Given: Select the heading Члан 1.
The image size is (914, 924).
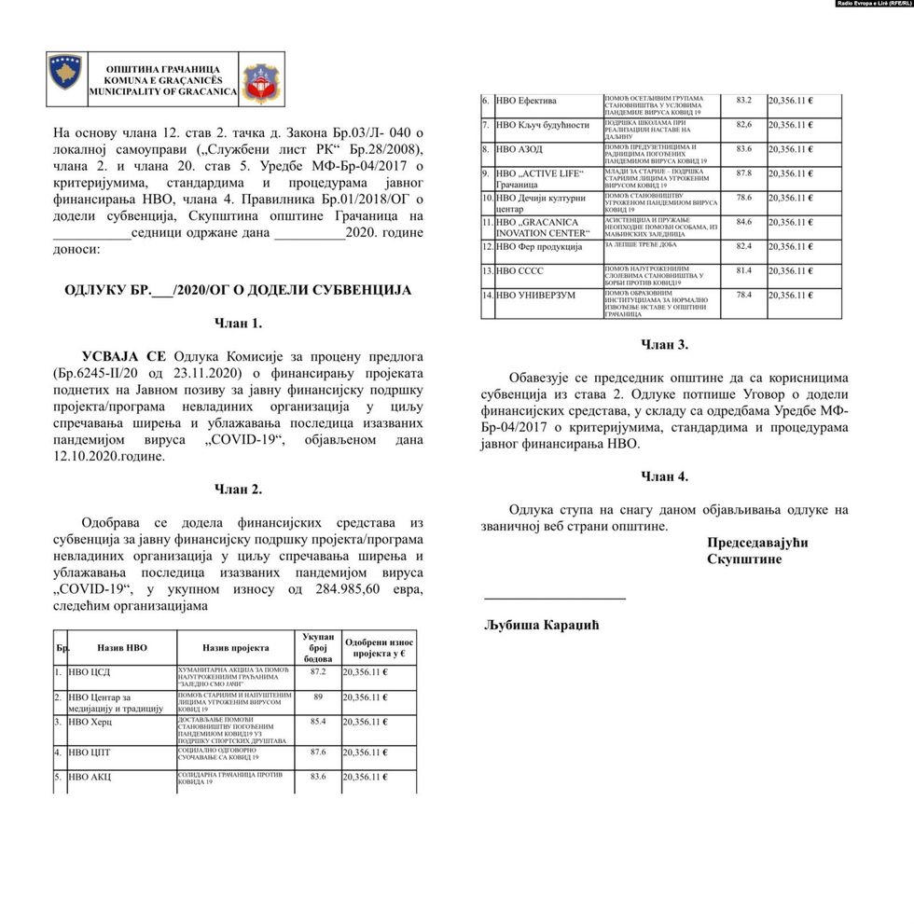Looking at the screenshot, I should click(x=238, y=324).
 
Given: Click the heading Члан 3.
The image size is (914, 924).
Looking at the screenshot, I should click(x=664, y=345).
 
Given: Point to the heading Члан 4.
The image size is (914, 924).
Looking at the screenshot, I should click(x=664, y=476).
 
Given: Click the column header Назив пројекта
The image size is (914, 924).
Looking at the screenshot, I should click(x=236, y=647).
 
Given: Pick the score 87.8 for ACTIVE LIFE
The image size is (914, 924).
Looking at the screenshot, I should click(x=743, y=173).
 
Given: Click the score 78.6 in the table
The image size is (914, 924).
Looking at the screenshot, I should click(x=743, y=199).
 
